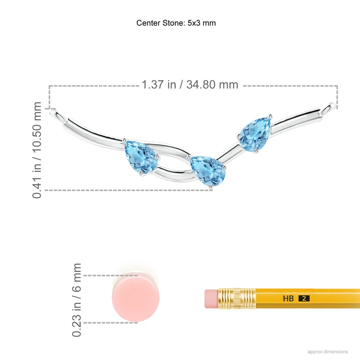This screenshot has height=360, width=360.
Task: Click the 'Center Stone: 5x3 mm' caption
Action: (x=176, y=23)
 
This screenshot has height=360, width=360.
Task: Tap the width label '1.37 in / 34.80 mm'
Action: (x=190, y=85)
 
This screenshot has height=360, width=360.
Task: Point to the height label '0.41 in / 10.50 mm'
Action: (x=37, y=150)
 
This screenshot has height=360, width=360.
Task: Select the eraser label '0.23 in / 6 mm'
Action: (x=77, y=300)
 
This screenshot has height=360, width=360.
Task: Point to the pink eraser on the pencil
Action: (x=211, y=299)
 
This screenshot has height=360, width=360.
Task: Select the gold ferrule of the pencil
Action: (x=237, y=299)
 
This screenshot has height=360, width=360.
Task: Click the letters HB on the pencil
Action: (x=288, y=298)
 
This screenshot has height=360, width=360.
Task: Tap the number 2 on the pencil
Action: (x=304, y=298)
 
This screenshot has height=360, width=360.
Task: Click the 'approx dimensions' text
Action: (x=328, y=352)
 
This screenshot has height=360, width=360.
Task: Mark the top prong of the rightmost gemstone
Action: (x=271, y=115)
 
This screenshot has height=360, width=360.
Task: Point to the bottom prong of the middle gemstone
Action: (x=211, y=187)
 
